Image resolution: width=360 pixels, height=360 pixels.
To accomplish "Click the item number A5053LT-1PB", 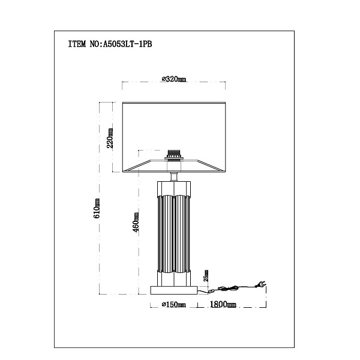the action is coord(127,44).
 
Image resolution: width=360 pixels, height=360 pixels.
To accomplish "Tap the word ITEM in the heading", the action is coord(77,44).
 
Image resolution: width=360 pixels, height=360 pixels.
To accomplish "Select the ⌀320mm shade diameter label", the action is coord(174,79).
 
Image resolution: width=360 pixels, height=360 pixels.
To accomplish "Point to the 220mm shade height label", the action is coord(110,138).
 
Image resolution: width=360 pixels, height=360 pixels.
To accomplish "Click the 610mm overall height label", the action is coord(97,208).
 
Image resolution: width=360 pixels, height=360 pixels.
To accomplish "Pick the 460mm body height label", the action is coord(136,222).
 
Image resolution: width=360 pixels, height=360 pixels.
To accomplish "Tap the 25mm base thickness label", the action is coord(206,276).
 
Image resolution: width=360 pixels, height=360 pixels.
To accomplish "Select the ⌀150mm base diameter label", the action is coord(174,305).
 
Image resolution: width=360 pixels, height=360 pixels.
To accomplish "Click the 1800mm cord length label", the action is coord(223,304).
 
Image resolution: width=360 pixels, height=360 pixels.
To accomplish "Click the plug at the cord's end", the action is coord(260,284).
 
